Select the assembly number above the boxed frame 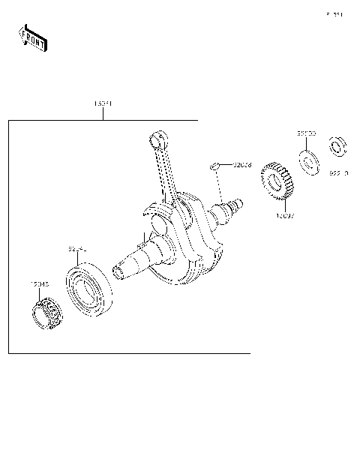(x=103, y=103)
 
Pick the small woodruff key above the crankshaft (x=214, y=164)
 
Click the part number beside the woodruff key (x=242, y=164)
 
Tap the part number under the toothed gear (x=284, y=216)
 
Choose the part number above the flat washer (x=306, y=133)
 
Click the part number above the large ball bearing (x=78, y=247)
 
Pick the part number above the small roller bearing (x=40, y=284)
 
